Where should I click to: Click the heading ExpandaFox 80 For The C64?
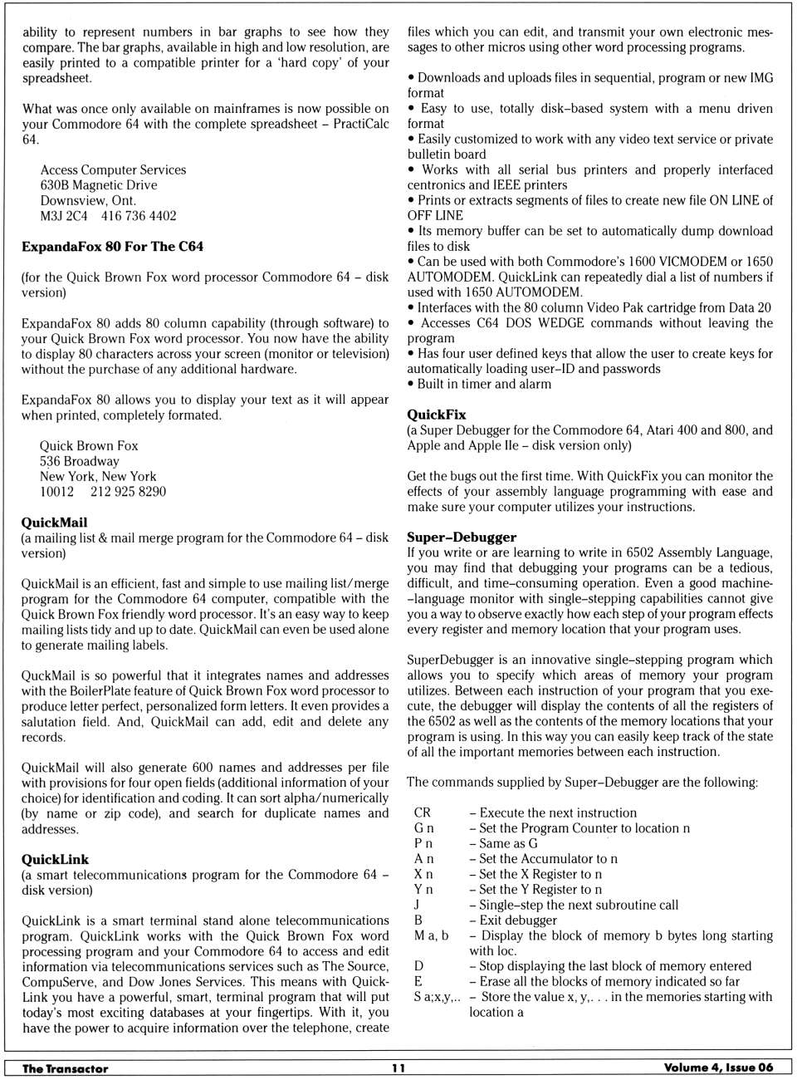(112, 247)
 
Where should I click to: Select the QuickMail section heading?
(54, 523)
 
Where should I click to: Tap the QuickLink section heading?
(55, 860)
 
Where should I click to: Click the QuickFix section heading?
(437, 415)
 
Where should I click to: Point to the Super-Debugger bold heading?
(462, 538)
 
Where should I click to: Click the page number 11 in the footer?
(398, 1068)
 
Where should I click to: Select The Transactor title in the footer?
(65, 1068)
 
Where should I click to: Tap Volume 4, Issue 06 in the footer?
(718, 1068)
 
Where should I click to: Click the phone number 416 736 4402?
(139, 216)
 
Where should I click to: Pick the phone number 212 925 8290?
(128, 492)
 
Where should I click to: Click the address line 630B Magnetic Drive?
(99, 185)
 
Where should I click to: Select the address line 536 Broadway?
(80, 461)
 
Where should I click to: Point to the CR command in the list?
(423, 813)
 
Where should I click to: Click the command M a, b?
(431, 935)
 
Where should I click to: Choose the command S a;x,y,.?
(437, 997)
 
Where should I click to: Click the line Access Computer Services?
(113, 169)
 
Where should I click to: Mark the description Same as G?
(508, 843)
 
